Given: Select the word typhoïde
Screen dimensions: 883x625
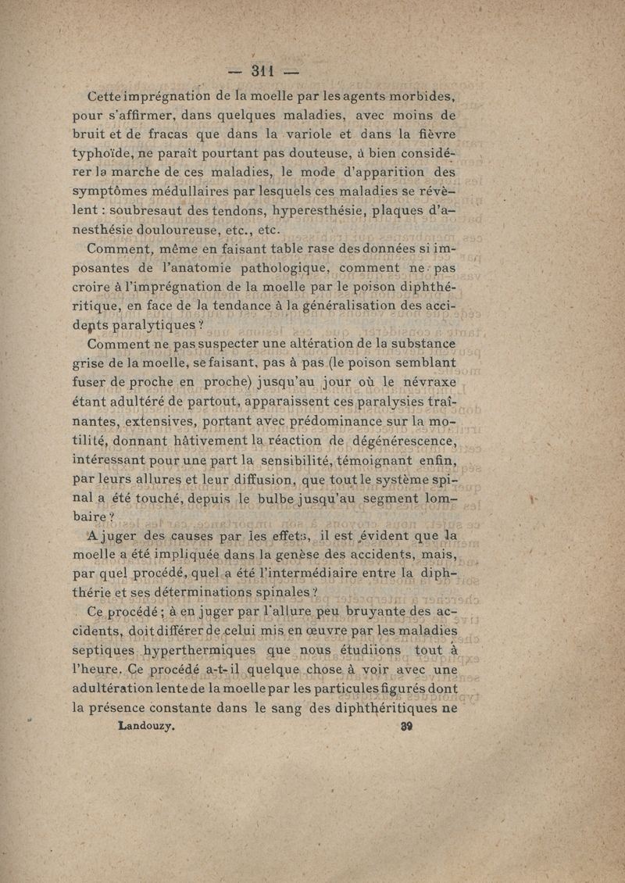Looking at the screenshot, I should click(x=127, y=152).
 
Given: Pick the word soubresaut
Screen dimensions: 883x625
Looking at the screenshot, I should click(x=149, y=212).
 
